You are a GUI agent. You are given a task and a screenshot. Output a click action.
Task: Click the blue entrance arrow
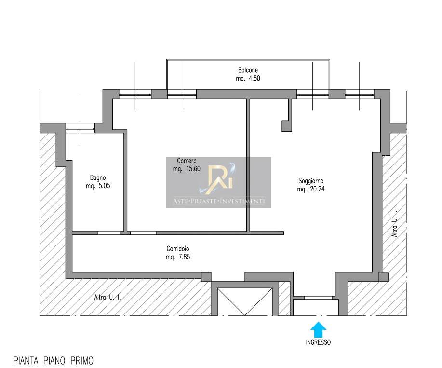pyautogui.click(x=318, y=329)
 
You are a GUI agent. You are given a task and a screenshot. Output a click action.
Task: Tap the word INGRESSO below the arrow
pyautogui.click(x=318, y=342)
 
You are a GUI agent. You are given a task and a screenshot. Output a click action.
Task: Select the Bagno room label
pyautogui.click(x=98, y=177)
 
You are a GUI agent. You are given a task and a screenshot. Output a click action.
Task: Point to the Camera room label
pyautogui.click(x=187, y=161)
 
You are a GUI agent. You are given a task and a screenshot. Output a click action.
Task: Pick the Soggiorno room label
pyautogui.click(x=311, y=181)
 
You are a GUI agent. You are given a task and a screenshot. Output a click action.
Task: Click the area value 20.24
pyautogui.click(x=317, y=189)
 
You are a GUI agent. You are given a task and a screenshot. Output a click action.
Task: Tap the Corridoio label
pyautogui.click(x=177, y=249)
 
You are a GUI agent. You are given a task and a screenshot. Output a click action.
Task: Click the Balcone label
pyautogui.click(x=248, y=70)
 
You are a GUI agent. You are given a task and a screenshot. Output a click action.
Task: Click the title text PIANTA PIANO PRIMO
pyautogui.click(x=54, y=361)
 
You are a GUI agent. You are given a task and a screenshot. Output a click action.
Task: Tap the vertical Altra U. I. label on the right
pyautogui.click(x=395, y=223)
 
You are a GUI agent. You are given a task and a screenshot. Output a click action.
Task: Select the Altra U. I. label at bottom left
pyautogui.click(x=107, y=297)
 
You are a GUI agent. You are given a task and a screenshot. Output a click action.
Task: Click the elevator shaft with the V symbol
pyautogui.click(x=245, y=301)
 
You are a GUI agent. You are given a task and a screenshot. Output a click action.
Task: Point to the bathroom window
pyautogui.click(x=80, y=128)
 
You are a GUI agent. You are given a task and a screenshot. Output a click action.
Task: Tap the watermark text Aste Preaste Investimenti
pyautogui.click(x=219, y=201)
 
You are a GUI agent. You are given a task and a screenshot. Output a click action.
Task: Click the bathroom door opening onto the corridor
pyautogui.click(x=109, y=233)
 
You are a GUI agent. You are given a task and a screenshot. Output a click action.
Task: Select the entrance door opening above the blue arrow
pyautogui.click(x=318, y=298)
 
